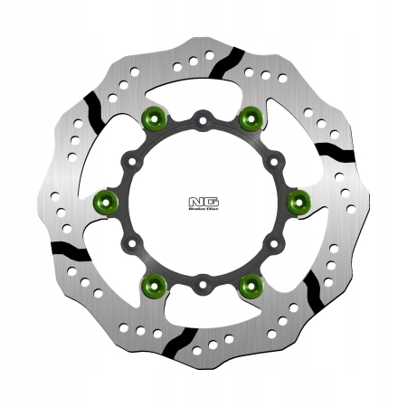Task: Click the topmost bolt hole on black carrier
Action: pos(204,117)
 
